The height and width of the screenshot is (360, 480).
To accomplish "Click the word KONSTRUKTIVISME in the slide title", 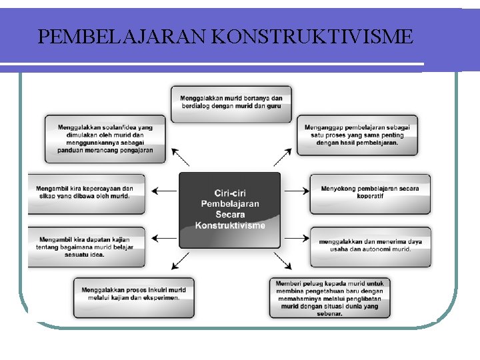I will click(312, 36).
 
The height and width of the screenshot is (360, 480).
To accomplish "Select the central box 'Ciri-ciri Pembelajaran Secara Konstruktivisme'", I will click(230, 209).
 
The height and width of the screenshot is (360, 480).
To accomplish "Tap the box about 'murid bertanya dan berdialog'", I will click(231, 103).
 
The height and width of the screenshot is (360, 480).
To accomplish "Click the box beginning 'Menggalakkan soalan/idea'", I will click(105, 139).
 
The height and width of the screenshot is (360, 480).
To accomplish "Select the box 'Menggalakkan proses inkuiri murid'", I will click(133, 297).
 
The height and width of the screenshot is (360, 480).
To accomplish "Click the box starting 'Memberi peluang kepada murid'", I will click(329, 297).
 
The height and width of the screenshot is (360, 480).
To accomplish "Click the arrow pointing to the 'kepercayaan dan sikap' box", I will click(164, 191).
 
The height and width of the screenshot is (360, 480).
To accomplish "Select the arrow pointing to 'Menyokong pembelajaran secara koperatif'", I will click(297, 191).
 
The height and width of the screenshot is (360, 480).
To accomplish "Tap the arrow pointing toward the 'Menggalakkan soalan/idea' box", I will click(180, 157).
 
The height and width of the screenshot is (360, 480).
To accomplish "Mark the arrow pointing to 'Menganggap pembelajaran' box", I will click(283, 157).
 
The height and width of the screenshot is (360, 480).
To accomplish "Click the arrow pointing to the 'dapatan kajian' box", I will click(164, 237).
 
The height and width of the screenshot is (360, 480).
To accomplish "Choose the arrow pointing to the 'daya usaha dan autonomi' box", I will click(297, 237).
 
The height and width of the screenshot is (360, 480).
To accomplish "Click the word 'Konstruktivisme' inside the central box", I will click(230, 225).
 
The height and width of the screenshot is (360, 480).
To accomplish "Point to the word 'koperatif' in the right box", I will click(370, 197).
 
